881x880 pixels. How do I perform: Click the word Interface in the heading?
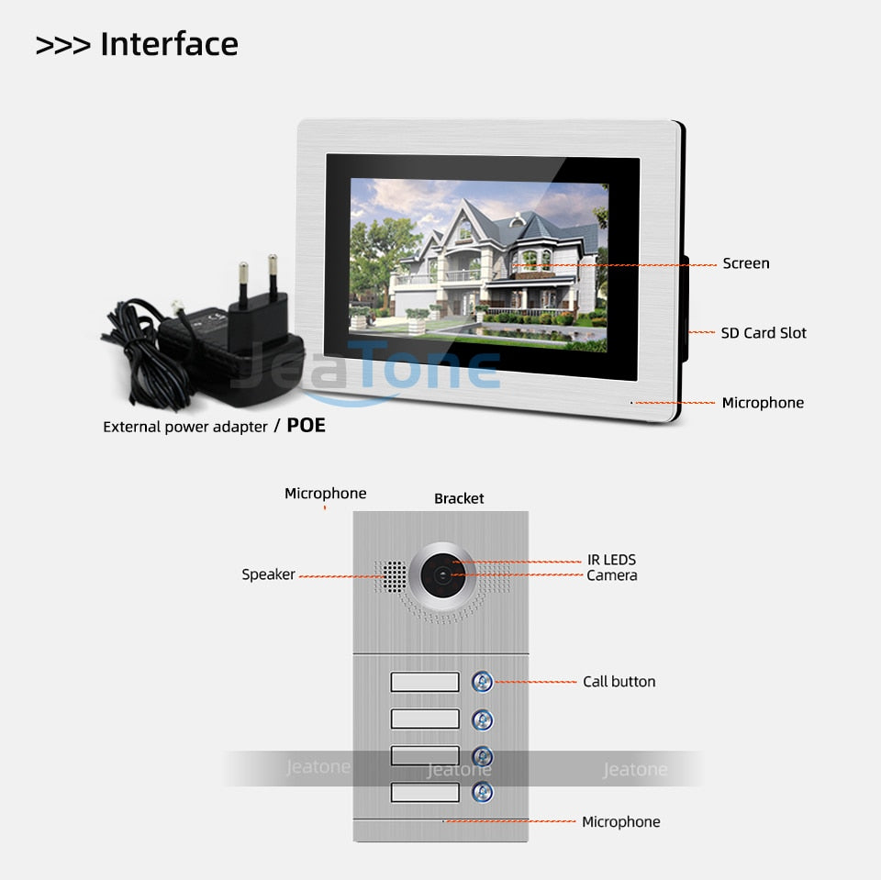click(169, 44)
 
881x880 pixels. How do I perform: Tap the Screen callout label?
click(745, 263)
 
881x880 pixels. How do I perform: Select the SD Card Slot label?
click(764, 333)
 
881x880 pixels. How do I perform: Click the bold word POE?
click(307, 426)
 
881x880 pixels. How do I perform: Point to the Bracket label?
click(459, 498)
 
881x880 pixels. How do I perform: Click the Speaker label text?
click(268, 574)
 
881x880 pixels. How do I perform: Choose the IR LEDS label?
click(611, 560)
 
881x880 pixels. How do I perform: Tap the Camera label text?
click(612, 575)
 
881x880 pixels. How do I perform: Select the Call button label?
click(619, 682)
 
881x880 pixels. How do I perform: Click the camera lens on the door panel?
click(442, 575)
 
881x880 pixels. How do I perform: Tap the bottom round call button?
click(483, 792)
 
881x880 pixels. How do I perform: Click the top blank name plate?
click(425, 682)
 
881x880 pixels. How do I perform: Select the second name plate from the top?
click(425, 719)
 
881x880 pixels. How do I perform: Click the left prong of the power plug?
click(243, 284)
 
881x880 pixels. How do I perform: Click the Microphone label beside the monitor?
click(763, 403)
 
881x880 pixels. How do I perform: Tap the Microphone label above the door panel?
click(325, 494)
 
